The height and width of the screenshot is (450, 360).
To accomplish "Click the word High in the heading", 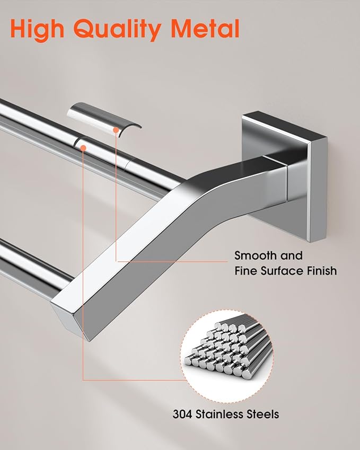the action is (37, 30).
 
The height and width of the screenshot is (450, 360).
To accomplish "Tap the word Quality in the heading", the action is (117, 30).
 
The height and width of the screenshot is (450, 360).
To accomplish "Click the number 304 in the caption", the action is (182, 414).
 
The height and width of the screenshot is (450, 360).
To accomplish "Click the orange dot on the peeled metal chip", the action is (116, 130).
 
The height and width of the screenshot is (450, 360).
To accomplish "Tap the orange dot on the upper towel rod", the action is (83, 148).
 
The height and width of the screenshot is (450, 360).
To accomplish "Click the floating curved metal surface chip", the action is (104, 118).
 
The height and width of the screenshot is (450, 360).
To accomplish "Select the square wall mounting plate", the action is (284, 176).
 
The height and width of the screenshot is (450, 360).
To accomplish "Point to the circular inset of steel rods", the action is (227, 356).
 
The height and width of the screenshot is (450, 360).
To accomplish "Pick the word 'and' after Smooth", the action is (291, 255).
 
